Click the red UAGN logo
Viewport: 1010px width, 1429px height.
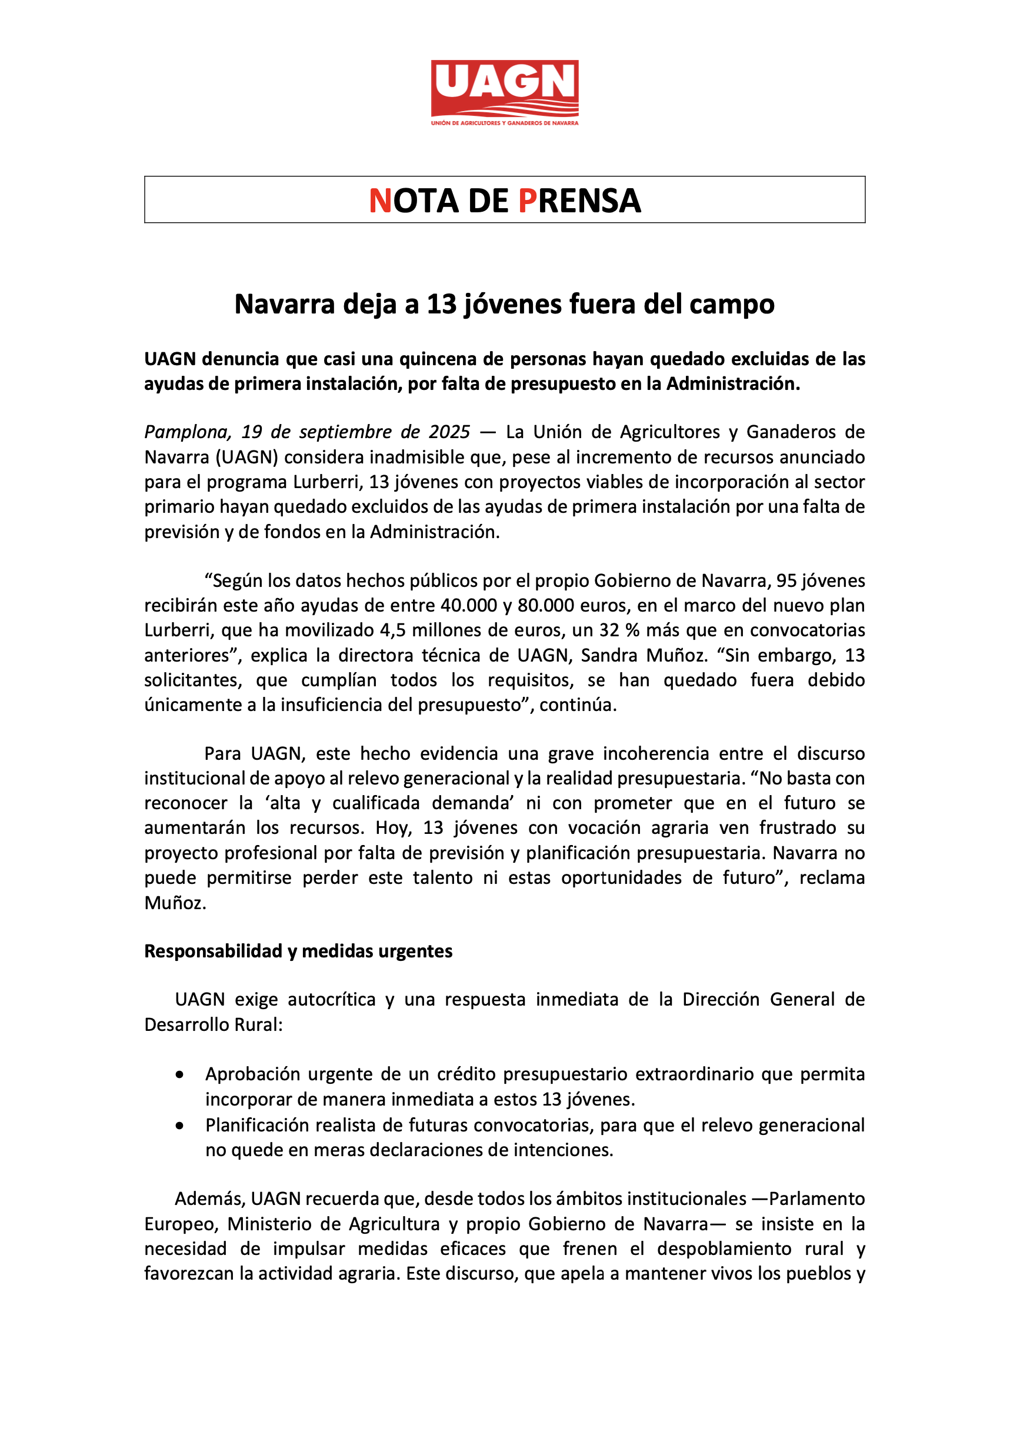click(x=504, y=88)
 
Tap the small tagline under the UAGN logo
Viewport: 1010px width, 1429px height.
click(x=504, y=123)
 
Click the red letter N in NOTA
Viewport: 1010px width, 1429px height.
click(x=380, y=201)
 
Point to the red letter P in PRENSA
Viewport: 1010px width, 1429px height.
click(x=527, y=201)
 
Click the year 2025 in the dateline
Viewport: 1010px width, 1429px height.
click(x=449, y=432)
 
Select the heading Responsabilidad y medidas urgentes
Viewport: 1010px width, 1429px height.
click(x=298, y=951)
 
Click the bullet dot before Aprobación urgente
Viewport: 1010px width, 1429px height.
click(x=179, y=1074)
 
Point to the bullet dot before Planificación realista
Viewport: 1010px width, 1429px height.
click(x=179, y=1126)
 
